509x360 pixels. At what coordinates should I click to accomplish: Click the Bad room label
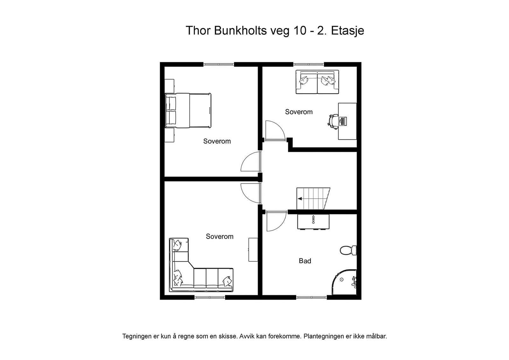pyautogui.click(x=305, y=261)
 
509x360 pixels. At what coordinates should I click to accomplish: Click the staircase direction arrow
pyautogui.click(x=300, y=199)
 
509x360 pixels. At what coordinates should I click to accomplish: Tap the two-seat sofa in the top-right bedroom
pyautogui.click(x=317, y=82)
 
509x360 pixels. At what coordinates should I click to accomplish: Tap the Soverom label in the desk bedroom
pyautogui.click(x=299, y=112)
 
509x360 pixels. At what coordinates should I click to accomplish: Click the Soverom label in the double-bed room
pyautogui.click(x=217, y=141)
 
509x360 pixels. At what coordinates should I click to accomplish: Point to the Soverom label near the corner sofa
pyautogui.click(x=220, y=237)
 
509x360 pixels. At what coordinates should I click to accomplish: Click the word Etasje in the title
pyautogui.click(x=347, y=31)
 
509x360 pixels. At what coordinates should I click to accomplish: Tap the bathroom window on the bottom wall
pyautogui.click(x=311, y=297)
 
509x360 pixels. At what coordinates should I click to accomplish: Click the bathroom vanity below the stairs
pyautogui.click(x=313, y=221)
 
